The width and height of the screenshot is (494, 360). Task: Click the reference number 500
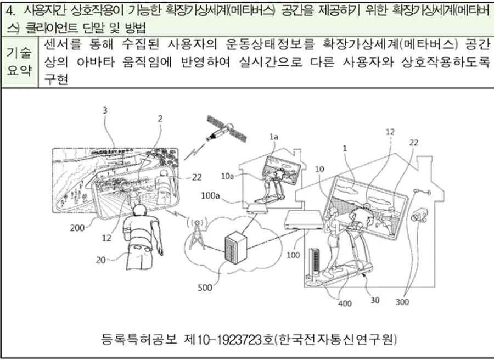click(x=206, y=286)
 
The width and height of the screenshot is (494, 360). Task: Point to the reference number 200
click(x=78, y=226)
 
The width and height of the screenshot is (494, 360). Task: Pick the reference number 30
click(x=375, y=300)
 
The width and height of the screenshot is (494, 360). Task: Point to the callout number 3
click(x=105, y=110)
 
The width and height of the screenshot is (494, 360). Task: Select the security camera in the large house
click(x=421, y=215)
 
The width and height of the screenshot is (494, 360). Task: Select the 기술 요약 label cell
click(x=19, y=61)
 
